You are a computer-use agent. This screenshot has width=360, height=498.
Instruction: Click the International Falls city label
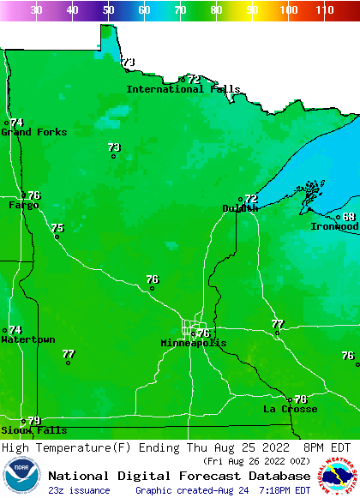click(x=183, y=89)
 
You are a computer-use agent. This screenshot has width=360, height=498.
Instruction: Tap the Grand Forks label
click(x=27, y=132)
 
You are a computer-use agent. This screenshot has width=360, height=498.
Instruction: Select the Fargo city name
click(x=23, y=206)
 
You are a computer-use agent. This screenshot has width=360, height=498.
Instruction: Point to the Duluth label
click(x=239, y=208)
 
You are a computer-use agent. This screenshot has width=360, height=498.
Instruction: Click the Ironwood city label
click(x=334, y=226)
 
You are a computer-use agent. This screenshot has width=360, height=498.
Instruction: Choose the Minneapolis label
click(x=194, y=343)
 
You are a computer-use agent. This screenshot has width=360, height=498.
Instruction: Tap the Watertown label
click(x=27, y=339)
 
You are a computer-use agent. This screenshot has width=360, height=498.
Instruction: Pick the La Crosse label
click(x=290, y=409)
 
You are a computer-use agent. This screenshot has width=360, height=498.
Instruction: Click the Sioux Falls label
click(x=33, y=430)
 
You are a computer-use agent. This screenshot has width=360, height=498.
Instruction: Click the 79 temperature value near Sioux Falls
click(x=34, y=420)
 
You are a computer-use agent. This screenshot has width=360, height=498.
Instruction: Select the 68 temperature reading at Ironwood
click(x=349, y=217)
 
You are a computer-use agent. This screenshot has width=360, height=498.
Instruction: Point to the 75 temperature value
click(x=57, y=228)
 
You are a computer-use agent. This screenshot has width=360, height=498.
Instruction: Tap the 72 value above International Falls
click(x=194, y=79)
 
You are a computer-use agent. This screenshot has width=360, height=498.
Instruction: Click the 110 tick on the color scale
click(x=324, y=10)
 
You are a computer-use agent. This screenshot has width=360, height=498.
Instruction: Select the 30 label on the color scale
click(x=36, y=10)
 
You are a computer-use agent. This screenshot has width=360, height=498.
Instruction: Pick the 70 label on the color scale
click(x=180, y=10)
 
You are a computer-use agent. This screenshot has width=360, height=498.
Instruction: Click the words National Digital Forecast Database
click(x=179, y=476)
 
